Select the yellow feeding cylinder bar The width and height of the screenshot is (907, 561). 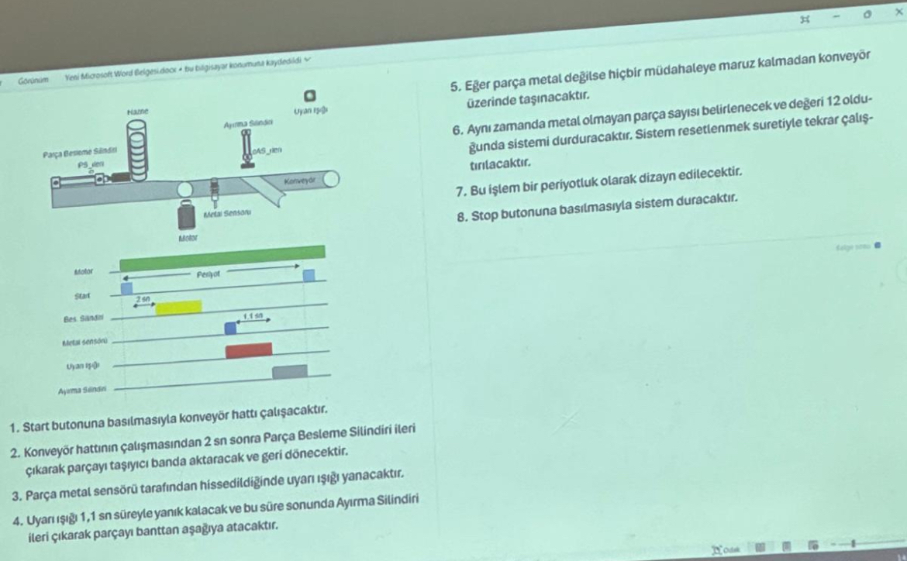178,308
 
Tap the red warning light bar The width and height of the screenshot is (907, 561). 249,350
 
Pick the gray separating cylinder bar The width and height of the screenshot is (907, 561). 290,372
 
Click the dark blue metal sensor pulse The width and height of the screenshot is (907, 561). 230,329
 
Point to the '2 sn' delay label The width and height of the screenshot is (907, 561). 143,298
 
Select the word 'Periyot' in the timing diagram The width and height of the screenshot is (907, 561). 208,274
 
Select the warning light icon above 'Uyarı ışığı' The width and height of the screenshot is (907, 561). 308,95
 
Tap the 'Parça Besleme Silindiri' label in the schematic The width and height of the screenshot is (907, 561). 75,153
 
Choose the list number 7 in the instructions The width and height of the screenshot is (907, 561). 464,191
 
